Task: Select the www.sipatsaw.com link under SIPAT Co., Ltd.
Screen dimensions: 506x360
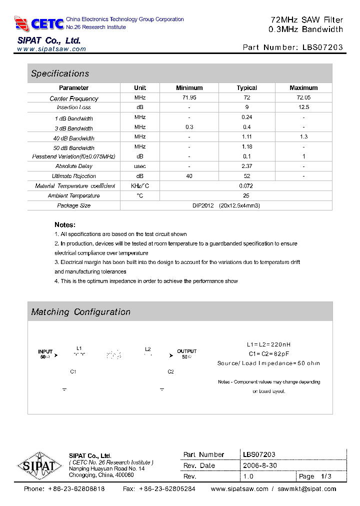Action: [51, 49]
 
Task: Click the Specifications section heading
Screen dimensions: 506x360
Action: [60, 73]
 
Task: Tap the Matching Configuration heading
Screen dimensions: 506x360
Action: [80, 312]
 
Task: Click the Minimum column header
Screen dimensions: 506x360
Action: [189, 87]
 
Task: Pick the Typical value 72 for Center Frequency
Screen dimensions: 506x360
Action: [246, 98]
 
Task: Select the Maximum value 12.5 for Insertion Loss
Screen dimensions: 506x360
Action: [303, 107]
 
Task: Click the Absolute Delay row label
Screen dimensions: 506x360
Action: [74, 166]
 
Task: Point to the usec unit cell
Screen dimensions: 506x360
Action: [140, 166]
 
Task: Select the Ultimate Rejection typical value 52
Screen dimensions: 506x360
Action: [246, 176]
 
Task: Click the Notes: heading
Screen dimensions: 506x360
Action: [65, 225]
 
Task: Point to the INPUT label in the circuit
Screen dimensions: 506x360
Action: [45, 351]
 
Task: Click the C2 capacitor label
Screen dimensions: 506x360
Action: [170, 371]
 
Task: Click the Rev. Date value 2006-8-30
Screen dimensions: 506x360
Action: [260, 465]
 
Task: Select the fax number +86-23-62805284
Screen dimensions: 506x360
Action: [167, 489]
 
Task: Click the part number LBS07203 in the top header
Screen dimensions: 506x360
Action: [323, 47]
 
